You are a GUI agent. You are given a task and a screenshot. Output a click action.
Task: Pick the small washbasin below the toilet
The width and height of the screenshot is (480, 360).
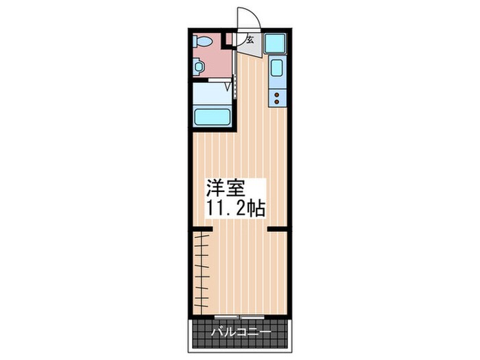(x=198, y=67)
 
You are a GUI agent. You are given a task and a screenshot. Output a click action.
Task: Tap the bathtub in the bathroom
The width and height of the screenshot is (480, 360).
(x=213, y=115)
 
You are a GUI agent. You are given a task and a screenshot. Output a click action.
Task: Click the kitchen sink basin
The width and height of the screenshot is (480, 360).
(x=277, y=69)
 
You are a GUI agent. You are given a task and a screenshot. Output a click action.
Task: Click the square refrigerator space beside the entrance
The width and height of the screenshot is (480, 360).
(x=276, y=43)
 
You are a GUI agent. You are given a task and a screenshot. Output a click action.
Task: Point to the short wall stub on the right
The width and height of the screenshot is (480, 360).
(x=277, y=230)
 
